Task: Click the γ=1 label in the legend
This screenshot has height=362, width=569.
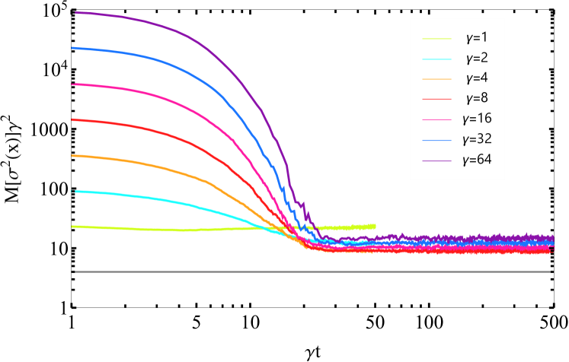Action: coord(477,37)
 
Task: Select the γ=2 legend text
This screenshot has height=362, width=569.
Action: coord(477,58)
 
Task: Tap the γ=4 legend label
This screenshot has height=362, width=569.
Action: coord(477,78)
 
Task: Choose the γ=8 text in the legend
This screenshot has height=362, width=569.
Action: coord(477,98)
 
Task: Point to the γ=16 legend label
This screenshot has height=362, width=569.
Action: coord(477,119)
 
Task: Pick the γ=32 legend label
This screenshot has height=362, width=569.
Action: coord(477,139)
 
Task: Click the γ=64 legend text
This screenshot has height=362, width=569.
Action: coord(477,160)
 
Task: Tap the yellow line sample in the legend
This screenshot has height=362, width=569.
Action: coord(437,38)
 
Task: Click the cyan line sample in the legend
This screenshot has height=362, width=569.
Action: coord(437,59)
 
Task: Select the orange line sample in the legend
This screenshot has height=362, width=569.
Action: coord(437,79)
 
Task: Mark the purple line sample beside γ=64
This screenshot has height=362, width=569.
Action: coord(437,160)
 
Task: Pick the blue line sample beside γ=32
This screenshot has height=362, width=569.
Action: coord(437,140)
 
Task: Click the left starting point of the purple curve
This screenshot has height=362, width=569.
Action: coord(74,12)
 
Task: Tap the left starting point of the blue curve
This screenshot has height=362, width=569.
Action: coord(72,48)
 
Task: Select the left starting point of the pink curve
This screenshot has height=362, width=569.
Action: coord(72,84)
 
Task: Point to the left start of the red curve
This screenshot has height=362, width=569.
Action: coord(72,119)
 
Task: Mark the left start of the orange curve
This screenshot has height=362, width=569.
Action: coord(72,156)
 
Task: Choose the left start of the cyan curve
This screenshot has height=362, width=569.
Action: coord(72,192)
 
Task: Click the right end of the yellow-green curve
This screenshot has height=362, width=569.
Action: coord(375,225)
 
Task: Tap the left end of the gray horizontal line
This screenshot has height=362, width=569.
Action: coord(75,271)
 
